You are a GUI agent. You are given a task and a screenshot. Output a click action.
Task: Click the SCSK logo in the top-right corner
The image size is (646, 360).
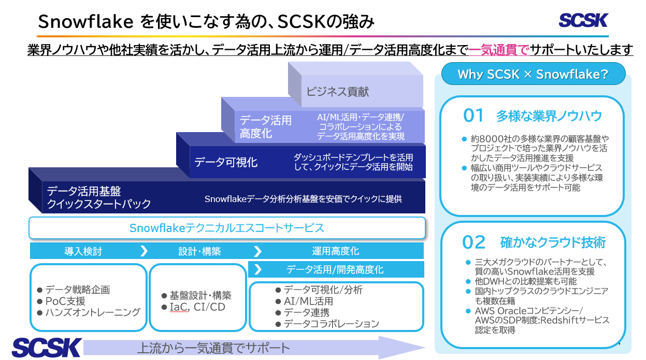coord(583,20)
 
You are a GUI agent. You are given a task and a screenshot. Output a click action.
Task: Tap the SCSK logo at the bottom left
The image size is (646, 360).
coord(47,348)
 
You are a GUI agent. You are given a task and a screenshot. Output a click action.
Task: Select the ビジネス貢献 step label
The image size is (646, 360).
coord(337,92)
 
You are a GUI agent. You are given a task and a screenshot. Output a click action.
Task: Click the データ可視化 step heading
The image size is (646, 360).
coord(226,162)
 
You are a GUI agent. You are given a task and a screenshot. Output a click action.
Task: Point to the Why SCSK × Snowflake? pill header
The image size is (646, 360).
coord(533,74)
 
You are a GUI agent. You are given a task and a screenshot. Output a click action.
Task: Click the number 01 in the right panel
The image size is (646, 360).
coord(473,116)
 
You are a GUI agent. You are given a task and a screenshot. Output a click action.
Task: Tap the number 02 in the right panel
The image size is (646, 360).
coord(473,242)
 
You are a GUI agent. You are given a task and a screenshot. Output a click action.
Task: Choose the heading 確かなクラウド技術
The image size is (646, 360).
coord(553,242)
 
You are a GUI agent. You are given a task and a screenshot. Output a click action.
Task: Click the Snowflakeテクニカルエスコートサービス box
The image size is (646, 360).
coord(227,228)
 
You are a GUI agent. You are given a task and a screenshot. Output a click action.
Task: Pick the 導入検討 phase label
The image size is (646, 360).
coord(83,251)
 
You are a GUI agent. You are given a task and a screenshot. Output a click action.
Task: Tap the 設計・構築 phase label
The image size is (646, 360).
coord(199,251)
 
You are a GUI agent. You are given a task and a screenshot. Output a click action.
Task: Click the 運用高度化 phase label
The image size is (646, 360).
coord(335,251)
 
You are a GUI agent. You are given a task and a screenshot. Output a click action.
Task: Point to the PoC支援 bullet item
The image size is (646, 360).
coord(65,301)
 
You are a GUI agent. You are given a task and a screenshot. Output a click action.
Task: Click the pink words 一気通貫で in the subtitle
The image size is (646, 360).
coord(498,50)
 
